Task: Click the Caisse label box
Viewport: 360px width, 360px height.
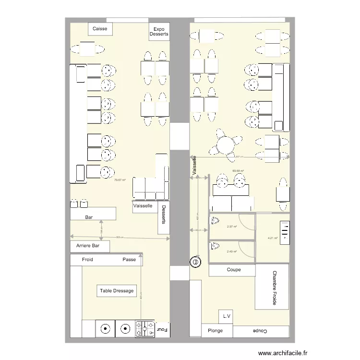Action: coord(100,29)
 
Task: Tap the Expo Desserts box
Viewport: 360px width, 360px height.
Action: coord(159,32)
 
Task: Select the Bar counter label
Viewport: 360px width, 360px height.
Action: coord(89,217)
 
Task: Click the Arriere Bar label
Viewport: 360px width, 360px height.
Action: coord(88,246)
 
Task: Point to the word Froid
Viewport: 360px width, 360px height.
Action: coord(87,260)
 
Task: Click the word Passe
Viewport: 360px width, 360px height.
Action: coord(129,260)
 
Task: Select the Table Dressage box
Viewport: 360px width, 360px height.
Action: coord(117,290)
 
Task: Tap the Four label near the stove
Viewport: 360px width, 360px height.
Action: coord(163,329)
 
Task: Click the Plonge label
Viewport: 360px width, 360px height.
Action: coord(216,331)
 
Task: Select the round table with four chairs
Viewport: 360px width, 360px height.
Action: coord(225,143)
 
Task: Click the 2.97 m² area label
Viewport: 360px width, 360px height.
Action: coord(232,227)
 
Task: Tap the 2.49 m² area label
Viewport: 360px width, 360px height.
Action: coord(232,252)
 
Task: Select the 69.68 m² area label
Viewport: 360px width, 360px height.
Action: coord(238,171)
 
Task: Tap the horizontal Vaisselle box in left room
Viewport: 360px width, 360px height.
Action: coord(143,206)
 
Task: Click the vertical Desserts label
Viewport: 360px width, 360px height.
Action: coord(164,215)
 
